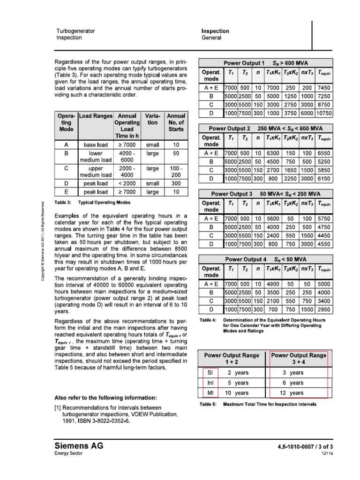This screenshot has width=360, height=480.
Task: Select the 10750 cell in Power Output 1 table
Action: (323, 113)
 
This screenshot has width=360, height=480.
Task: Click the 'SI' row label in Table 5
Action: (210, 373)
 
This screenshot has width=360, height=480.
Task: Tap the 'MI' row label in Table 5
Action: (210, 393)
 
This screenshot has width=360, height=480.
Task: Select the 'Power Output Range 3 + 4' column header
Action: (299, 359)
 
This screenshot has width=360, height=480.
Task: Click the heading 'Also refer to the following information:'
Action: (105, 397)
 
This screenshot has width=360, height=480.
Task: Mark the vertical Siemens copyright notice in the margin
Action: (42, 242)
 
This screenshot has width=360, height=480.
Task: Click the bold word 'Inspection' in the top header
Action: (215, 31)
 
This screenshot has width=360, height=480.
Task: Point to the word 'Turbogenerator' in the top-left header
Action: (75, 31)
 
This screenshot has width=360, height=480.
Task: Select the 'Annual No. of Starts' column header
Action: (176, 122)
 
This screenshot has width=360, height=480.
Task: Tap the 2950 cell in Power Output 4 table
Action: (323, 310)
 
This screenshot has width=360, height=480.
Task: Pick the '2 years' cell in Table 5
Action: (238, 373)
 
